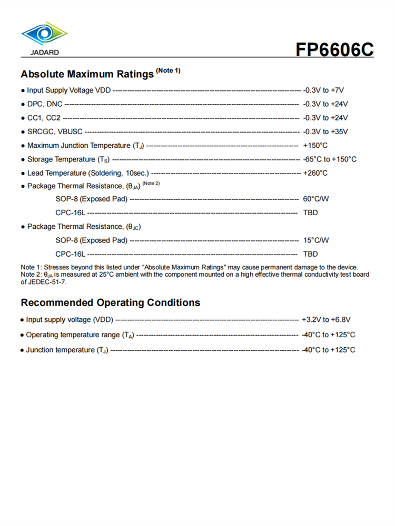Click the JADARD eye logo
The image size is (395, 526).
44,34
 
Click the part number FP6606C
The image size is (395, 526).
334,49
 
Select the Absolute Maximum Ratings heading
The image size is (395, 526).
87,74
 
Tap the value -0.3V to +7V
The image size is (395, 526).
327,90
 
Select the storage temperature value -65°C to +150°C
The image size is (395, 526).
330,159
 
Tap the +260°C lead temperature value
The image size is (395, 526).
315,173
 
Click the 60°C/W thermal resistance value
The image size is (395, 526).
316,199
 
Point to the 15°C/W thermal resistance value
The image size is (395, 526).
316,240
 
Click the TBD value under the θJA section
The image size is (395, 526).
311,213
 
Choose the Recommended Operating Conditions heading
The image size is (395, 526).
111,303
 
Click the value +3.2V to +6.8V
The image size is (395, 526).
326,319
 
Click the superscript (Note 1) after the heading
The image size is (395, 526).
168,70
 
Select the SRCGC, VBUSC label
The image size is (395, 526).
55,131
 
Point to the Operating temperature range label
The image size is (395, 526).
74,335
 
